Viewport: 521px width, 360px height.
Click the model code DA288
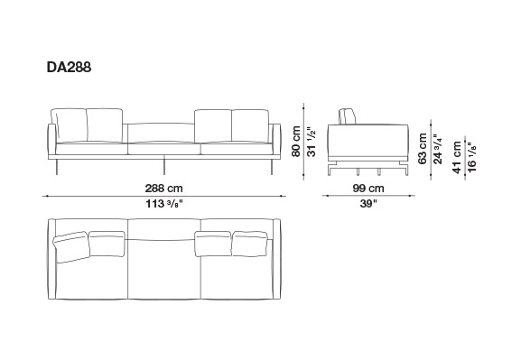tap(69, 67)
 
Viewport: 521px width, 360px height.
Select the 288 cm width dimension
tap(163, 189)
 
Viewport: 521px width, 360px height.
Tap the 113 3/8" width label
tap(164, 203)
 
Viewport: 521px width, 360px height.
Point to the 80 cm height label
tap(296, 141)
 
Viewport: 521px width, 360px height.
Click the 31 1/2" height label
tap(312, 142)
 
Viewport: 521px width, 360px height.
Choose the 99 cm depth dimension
tap(368, 189)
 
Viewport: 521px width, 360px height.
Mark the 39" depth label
tap(368, 203)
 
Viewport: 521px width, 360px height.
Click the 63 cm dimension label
tap(423, 149)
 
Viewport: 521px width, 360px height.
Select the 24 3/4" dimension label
tap(438, 149)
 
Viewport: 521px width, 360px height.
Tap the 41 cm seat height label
tap(457, 157)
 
